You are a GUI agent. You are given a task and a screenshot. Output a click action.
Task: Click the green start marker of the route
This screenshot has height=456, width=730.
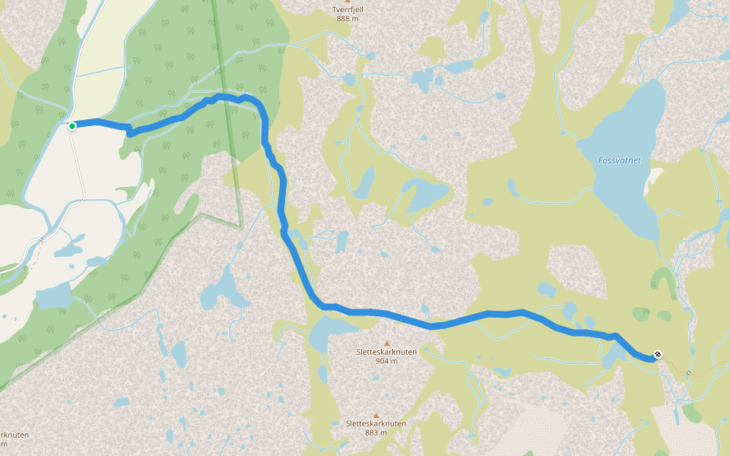(72, 125)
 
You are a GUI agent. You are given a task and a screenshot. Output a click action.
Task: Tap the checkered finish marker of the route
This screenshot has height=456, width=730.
(658, 354)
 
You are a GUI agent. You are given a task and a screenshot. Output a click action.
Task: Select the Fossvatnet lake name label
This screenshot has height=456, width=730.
(619, 160)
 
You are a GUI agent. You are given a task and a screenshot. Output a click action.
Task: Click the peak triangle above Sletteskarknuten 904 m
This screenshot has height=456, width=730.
(386, 343)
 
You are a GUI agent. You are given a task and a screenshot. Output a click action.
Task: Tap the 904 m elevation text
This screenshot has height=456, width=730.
(386, 361)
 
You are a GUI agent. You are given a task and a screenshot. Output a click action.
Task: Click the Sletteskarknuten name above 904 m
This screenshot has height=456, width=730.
(386, 353)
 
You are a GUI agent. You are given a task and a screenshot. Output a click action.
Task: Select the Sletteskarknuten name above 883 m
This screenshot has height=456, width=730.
(376, 424)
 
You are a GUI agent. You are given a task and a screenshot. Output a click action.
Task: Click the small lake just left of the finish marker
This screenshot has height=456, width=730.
(613, 356)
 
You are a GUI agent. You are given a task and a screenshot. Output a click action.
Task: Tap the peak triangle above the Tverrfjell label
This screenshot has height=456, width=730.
(348, 2)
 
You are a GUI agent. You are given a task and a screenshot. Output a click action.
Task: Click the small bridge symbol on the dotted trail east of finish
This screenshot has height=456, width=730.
(689, 372)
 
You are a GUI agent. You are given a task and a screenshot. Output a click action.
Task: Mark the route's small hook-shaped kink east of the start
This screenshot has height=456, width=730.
(130, 132)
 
